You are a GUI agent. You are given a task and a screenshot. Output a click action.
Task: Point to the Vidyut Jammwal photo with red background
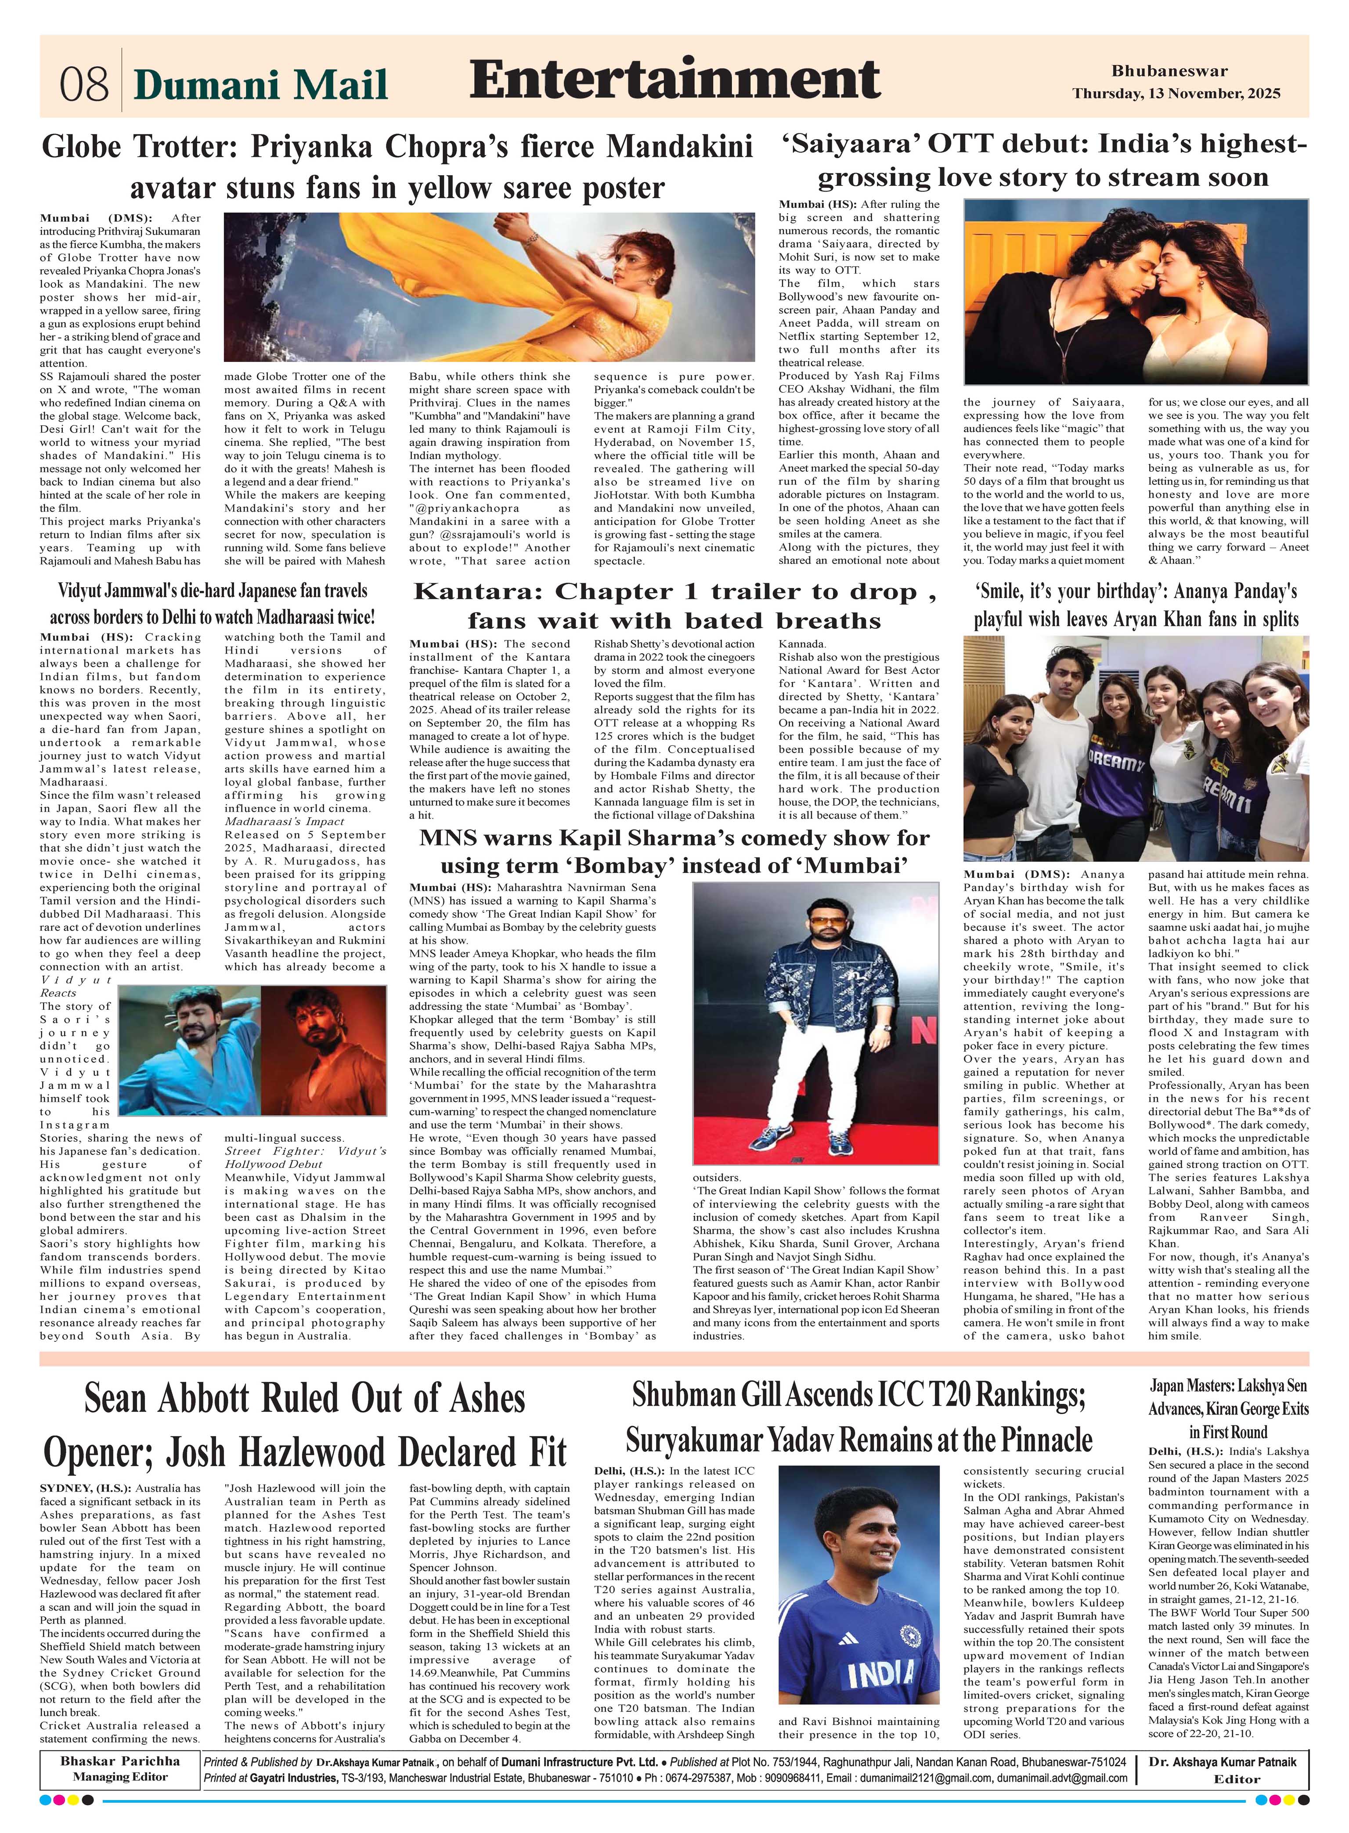[324, 1050]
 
